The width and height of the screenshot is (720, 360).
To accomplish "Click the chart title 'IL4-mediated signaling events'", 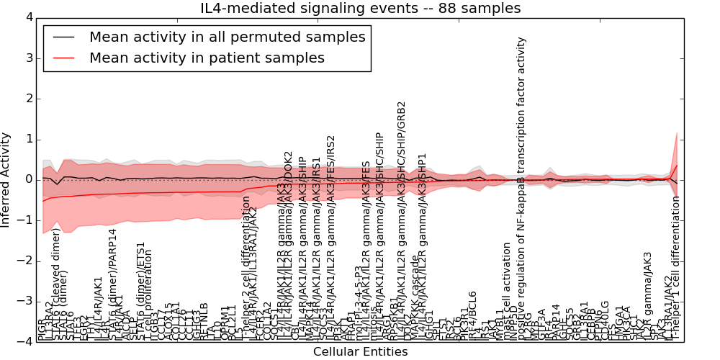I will [x=360, y=9].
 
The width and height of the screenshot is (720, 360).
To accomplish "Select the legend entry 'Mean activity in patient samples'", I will [x=207, y=58].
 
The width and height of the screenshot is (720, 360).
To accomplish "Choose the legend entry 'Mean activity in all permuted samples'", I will [x=227, y=37].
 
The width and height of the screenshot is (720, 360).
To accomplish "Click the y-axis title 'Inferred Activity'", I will [x=6, y=179].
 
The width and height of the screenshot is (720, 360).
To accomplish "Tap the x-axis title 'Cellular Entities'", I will [x=360, y=352].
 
